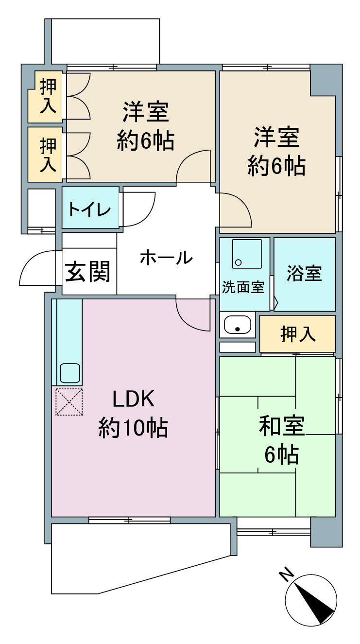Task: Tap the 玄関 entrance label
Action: (x=88, y=271)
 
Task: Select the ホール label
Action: (x=166, y=257)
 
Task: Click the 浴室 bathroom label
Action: (x=304, y=273)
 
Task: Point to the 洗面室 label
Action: (x=243, y=287)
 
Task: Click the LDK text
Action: (x=134, y=399)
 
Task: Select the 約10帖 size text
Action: (x=133, y=428)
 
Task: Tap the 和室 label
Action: (x=282, y=426)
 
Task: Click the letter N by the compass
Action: (x=287, y=575)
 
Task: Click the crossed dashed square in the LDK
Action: (x=69, y=401)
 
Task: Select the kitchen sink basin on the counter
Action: (x=70, y=373)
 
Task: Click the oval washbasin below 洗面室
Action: (x=238, y=325)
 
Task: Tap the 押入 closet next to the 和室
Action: (x=298, y=334)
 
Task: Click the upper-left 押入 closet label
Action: (x=48, y=96)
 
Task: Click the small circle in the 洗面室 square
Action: (x=239, y=262)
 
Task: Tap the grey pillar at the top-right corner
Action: (x=326, y=80)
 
